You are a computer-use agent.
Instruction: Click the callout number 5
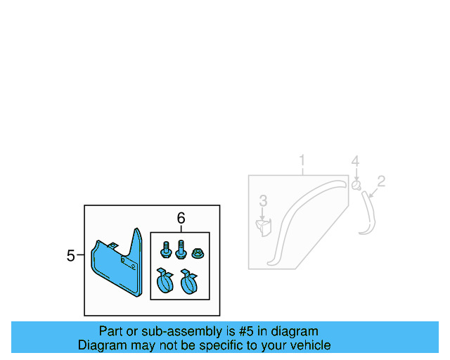click(x=70, y=256)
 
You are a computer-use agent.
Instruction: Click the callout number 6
click(x=181, y=219)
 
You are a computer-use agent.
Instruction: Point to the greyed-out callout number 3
click(x=263, y=202)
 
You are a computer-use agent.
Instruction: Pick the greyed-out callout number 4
click(x=356, y=162)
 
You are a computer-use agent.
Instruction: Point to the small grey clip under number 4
click(x=356, y=186)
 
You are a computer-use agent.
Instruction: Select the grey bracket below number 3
click(x=264, y=227)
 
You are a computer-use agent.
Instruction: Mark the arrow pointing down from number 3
click(x=263, y=214)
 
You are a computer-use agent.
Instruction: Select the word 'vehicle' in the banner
click(x=309, y=345)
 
